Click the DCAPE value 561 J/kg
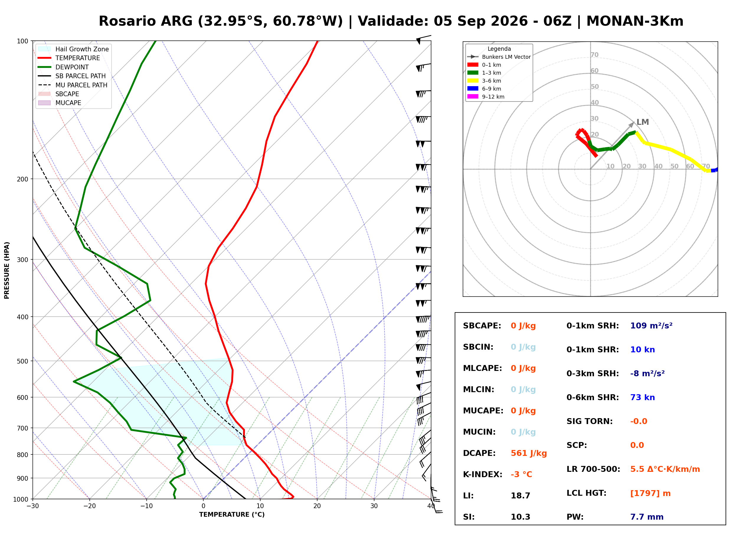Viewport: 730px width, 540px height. pos(528,453)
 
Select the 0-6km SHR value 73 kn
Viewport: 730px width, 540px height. pos(642,397)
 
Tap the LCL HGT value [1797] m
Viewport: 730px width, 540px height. pos(650,493)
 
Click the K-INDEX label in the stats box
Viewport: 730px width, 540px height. pos(482,474)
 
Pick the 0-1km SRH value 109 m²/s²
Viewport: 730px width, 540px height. pos(651,325)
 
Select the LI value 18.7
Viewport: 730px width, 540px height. pos(520,495)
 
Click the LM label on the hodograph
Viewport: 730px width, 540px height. pos(642,122)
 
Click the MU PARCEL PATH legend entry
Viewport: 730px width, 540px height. pos(73,85)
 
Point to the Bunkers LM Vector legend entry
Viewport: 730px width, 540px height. pos(499,57)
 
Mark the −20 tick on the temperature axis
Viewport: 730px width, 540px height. pos(89,506)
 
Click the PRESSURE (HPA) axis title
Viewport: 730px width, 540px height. pos(7,270)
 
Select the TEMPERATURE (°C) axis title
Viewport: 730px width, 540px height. pos(232,515)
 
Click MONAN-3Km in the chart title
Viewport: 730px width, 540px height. pos(635,21)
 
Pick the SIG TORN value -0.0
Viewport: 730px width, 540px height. pos(639,421)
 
